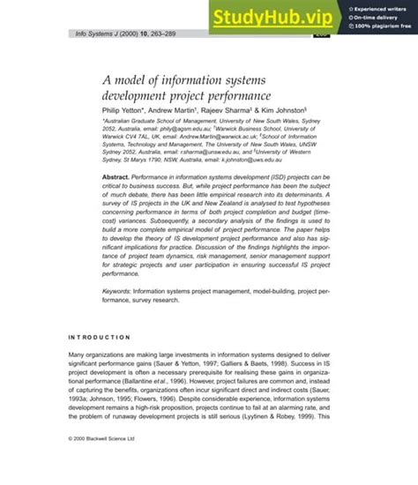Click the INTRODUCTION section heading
coord(100,337)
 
